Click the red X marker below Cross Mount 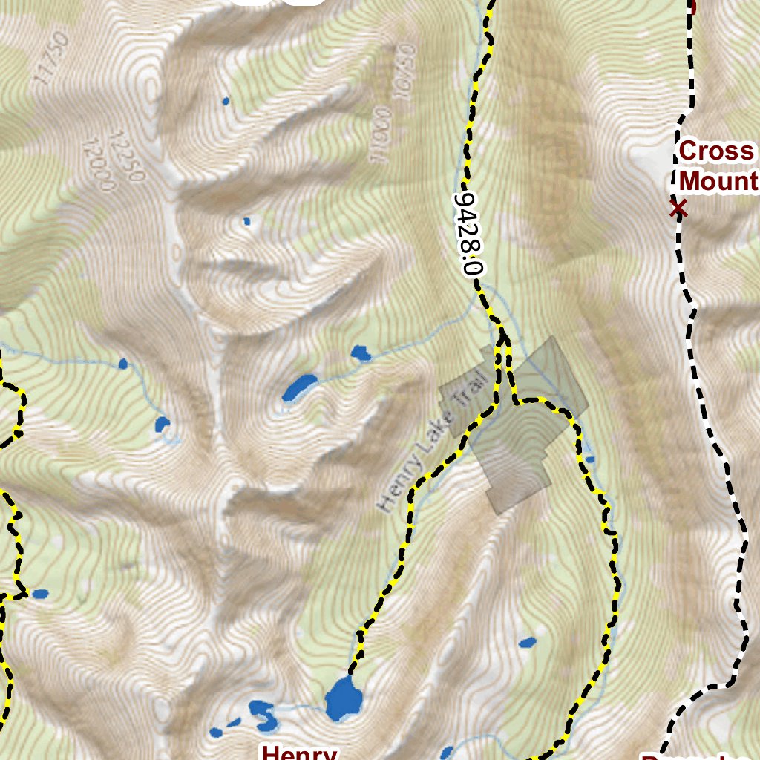tap(678, 209)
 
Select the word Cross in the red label tap(715, 152)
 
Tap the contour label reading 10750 tap(404, 73)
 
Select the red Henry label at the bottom tap(298, 752)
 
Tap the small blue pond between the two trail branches tap(528, 642)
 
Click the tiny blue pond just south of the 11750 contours tap(225, 100)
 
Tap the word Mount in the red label tap(718, 181)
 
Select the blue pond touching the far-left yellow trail tap(39, 594)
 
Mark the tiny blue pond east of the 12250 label tap(246, 221)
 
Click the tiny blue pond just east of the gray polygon tap(590, 459)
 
